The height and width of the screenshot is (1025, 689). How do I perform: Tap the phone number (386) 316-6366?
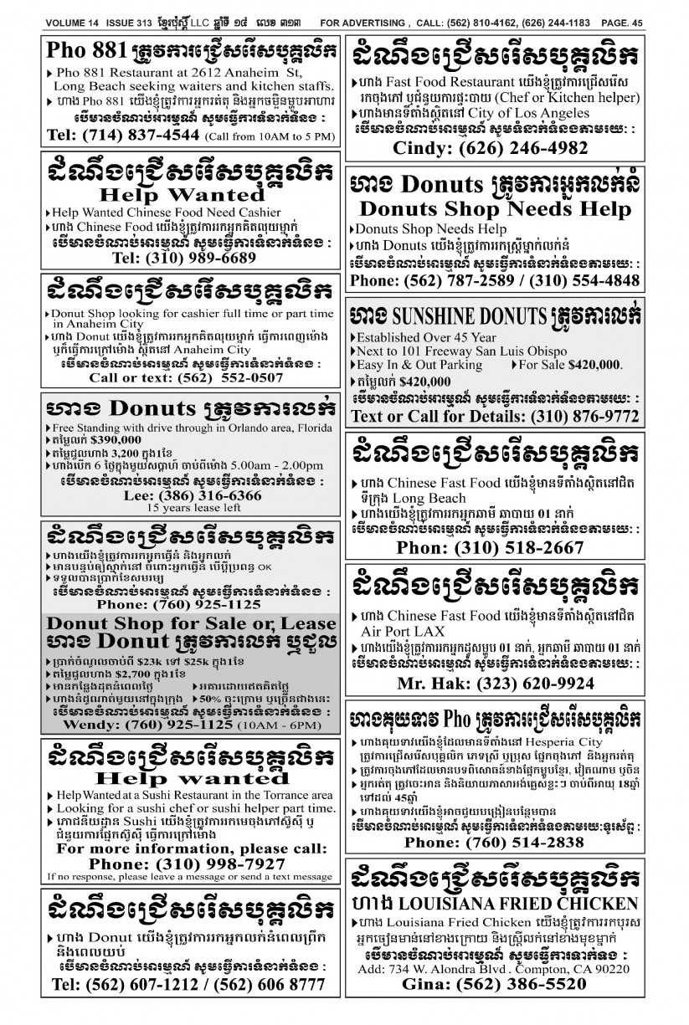[206, 495]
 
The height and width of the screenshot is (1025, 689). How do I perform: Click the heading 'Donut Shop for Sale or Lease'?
[192, 623]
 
